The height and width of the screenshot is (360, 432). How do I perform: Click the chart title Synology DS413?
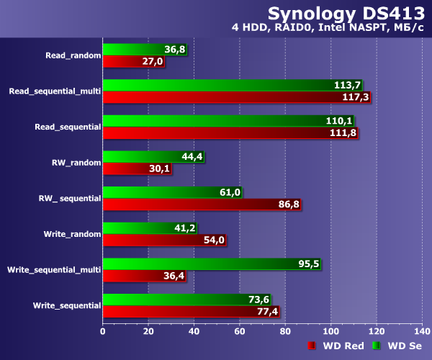click(x=346, y=14)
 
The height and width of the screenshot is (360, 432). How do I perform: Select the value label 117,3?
click(x=356, y=96)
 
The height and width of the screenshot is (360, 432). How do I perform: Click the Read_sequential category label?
click(x=68, y=127)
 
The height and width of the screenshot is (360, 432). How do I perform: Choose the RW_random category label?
click(x=76, y=162)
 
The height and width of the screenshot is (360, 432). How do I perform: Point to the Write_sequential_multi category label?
click(x=54, y=270)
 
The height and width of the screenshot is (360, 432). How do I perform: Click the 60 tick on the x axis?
click(x=240, y=330)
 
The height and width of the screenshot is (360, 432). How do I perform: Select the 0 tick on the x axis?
click(x=103, y=330)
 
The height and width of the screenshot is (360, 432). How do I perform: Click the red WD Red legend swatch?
click(x=312, y=346)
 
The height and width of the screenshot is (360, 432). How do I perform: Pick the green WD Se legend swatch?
click(x=377, y=346)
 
